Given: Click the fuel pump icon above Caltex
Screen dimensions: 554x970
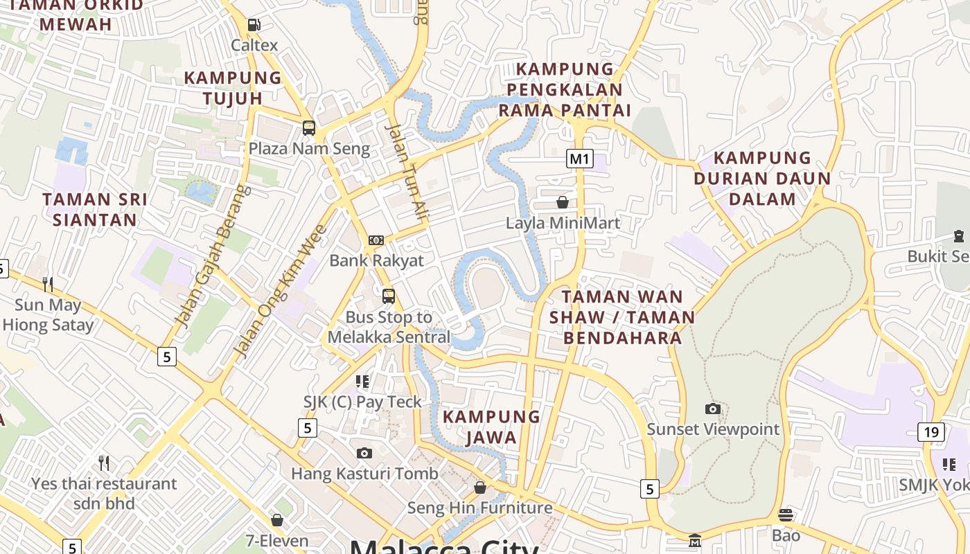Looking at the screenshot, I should [254, 25].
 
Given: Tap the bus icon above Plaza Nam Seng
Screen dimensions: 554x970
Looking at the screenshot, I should [309, 128].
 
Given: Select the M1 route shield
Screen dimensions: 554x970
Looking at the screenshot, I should [580, 159].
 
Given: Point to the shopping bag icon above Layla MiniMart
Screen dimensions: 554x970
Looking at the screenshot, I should [563, 202].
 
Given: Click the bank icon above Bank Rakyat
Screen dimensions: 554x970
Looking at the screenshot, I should [376, 240].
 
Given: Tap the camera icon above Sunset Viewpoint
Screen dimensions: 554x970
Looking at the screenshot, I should [713, 409].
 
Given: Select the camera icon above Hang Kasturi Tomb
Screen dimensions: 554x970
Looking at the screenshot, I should [364, 454].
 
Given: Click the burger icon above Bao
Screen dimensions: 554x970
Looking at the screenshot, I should [785, 515].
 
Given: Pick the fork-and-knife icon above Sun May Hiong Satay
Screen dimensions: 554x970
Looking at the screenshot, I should [48, 285].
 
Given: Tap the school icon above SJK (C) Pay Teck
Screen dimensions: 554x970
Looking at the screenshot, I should [362, 382].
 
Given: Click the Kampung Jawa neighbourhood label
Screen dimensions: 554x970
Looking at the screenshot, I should [491, 427].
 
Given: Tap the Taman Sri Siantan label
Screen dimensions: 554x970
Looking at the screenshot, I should [95, 210].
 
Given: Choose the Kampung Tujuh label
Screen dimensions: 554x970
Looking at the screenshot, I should [233, 87].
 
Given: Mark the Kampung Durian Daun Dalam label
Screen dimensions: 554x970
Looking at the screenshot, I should [762, 179].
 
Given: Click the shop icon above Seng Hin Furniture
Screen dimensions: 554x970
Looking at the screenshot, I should [479, 488].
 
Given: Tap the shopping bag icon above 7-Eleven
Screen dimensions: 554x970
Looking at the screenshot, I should [277, 520].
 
